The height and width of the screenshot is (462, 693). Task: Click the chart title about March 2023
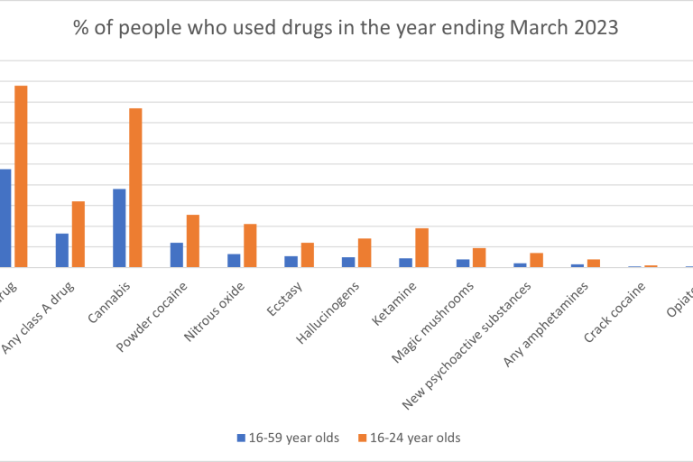click(346, 27)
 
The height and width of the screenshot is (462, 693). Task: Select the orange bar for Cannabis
click(135, 188)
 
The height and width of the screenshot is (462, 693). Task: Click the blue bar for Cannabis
click(119, 227)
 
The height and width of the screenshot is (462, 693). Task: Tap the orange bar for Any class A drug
click(79, 234)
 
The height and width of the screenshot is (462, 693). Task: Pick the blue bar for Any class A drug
click(62, 250)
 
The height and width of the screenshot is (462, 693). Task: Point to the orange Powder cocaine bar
click(193, 241)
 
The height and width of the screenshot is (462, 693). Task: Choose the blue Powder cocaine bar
click(177, 254)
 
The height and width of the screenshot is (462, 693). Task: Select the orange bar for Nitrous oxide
click(250, 245)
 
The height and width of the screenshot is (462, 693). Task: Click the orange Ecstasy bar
click(308, 254)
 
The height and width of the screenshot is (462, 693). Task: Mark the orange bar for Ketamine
click(422, 247)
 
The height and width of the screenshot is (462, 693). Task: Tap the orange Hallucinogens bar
click(365, 253)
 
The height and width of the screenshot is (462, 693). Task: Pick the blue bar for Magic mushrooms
click(463, 263)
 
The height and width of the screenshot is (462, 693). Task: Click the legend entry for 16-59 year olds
click(288, 438)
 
